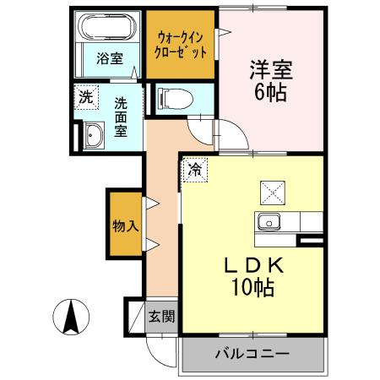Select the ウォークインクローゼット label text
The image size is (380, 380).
tap(181, 43)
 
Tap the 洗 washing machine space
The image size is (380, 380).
tap(85, 97)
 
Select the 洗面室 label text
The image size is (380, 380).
tap(122, 117)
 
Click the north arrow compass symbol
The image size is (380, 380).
tap(71, 318)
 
